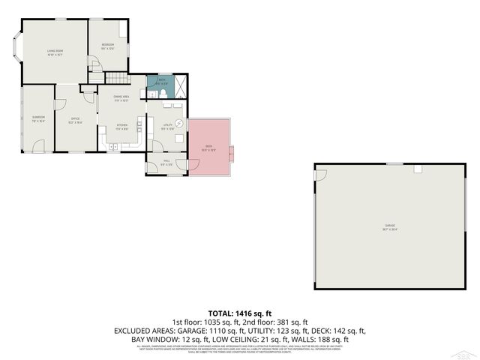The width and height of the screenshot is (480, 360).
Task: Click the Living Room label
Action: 55,52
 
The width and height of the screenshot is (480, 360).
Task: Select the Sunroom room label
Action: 38,118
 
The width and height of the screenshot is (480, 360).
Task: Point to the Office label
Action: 76,118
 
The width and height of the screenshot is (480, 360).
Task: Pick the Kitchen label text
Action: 121,125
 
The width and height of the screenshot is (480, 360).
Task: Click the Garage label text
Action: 390,225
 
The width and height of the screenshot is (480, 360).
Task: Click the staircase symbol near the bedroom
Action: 117,78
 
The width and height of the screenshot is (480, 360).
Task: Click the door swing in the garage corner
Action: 320,175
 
